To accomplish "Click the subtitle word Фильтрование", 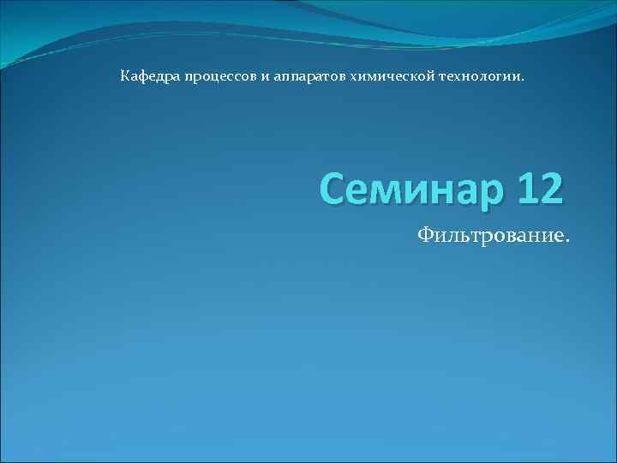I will point(492,235).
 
